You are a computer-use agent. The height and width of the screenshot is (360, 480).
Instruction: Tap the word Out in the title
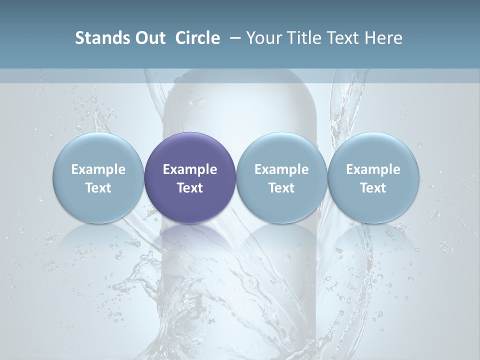click(149, 38)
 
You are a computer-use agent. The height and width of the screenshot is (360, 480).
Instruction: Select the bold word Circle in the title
click(197, 38)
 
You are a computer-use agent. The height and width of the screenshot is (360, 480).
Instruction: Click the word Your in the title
click(262, 38)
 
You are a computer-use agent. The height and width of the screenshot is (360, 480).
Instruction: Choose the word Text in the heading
click(344, 38)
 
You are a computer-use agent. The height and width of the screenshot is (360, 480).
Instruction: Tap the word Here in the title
click(384, 38)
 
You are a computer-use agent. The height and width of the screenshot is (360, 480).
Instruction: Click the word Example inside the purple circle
click(190, 169)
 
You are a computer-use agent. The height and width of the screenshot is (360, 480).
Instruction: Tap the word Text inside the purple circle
click(190, 188)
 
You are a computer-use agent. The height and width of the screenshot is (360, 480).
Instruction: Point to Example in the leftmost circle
click(98, 169)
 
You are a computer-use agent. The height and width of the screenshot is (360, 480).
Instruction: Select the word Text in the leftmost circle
click(98, 188)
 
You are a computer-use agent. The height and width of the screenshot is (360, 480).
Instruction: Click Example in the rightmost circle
click(373, 169)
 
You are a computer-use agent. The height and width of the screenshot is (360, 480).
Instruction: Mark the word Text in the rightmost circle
click(373, 188)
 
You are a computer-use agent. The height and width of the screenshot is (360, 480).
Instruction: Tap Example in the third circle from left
click(281, 169)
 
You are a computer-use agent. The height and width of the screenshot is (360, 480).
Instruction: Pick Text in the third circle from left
click(281, 188)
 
